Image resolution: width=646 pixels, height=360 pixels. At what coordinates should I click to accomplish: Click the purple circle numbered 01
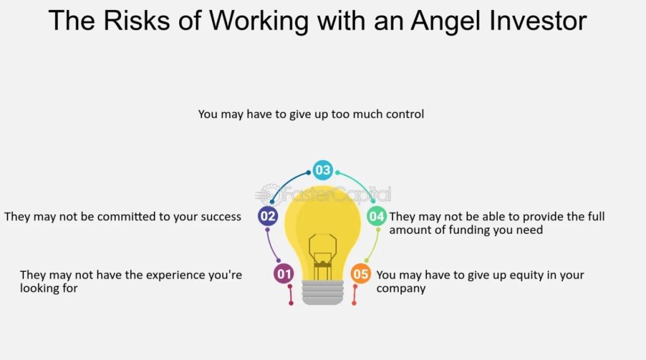tap(283, 274)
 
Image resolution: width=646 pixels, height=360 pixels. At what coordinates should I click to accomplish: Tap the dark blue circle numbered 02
tap(267, 216)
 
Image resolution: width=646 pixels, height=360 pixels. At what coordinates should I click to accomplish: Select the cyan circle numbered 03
tap(322, 170)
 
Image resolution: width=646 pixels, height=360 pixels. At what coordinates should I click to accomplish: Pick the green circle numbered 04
tap(377, 216)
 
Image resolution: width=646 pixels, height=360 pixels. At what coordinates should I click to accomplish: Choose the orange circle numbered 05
tap(360, 274)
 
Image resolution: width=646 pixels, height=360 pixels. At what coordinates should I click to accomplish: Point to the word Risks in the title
tap(137, 21)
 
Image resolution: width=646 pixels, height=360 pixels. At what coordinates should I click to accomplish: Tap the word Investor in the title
tap(538, 21)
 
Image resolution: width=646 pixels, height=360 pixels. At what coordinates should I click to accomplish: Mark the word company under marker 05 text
tap(401, 289)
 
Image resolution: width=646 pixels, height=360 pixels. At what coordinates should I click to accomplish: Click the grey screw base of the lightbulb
tap(322, 292)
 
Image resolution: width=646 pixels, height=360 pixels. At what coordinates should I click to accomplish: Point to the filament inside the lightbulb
tap(322, 257)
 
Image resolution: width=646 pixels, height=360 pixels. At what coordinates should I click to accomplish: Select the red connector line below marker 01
tap(290, 294)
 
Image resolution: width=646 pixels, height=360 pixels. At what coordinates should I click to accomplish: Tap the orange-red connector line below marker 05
tap(355, 294)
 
